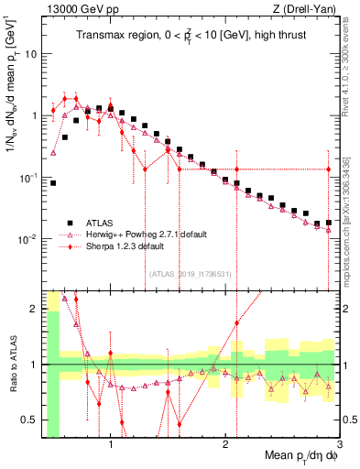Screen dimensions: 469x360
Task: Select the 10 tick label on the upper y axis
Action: (x=30, y=53)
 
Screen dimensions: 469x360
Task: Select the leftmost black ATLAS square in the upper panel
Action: (x=54, y=183)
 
